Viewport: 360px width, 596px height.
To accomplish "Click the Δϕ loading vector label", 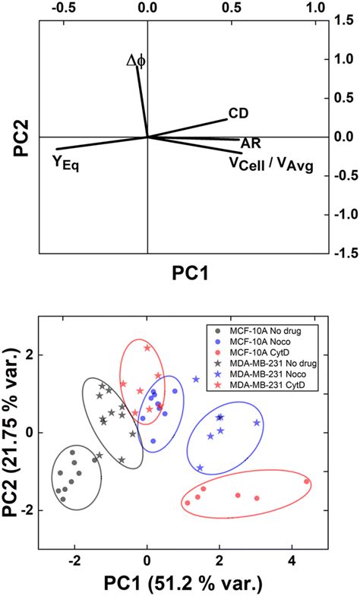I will (x=135, y=59).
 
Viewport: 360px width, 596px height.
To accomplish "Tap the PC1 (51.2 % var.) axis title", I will (x=181, y=583).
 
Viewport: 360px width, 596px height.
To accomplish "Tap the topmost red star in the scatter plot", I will (x=147, y=348).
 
